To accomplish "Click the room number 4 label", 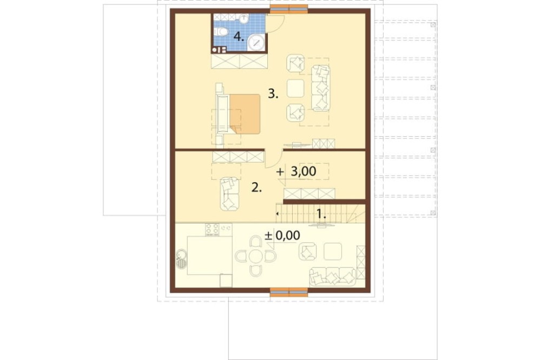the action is tap(239, 36).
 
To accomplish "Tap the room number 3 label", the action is tap(273, 94).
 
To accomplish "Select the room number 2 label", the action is tap(256, 188).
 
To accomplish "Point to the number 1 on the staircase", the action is tap(321, 214).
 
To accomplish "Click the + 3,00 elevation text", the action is tap(296, 171).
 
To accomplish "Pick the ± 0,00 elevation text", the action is tap(282, 236).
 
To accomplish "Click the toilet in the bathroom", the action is tap(221, 32).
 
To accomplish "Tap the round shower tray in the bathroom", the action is tap(256, 42).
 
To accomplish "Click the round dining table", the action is tap(256, 256).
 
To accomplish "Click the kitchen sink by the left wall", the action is tap(181, 259).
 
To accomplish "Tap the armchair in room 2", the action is tap(229, 194).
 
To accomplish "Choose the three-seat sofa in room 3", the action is tap(321, 88).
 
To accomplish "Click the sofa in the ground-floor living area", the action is tap(333, 277).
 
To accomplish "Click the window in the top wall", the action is tap(289, 10).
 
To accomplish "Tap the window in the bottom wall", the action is tap(289, 291).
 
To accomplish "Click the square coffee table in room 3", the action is tap(296, 88).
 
